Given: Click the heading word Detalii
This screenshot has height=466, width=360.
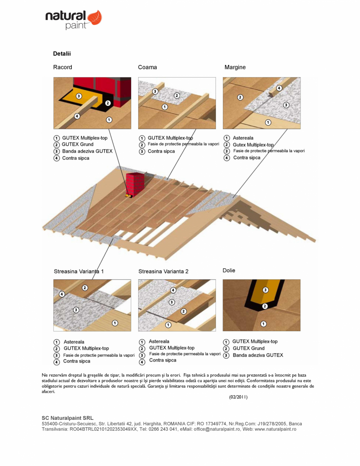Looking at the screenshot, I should point(62,54).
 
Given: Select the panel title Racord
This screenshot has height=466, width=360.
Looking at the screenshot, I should point(63,67).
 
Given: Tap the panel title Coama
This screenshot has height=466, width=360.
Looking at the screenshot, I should point(147,67).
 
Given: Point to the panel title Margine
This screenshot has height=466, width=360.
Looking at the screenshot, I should point(235,67).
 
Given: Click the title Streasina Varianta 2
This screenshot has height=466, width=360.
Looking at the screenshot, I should point(163,271).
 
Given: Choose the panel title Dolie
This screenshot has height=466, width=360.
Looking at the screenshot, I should point(229,271).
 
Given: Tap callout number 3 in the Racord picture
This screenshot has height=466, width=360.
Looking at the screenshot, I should point(79,96).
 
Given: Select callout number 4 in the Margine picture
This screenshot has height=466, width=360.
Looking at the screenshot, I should point(279,88).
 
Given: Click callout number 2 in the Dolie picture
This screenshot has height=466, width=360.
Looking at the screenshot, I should point(265,306).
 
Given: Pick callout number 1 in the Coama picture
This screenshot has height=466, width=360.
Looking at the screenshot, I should point(165,107).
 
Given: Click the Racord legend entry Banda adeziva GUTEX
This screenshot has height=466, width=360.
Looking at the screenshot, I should point(87,151).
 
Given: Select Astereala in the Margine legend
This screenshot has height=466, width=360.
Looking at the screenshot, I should point(243,138).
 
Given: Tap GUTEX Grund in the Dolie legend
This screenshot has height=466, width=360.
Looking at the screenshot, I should point(248,349).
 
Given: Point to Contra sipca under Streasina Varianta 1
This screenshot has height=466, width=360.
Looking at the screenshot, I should point(77,361).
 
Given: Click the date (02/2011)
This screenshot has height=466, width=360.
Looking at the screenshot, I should point(238,397).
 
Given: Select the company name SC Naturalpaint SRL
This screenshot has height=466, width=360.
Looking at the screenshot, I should point(67,418).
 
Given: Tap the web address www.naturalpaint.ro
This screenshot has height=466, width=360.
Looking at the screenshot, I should point(275,429).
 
